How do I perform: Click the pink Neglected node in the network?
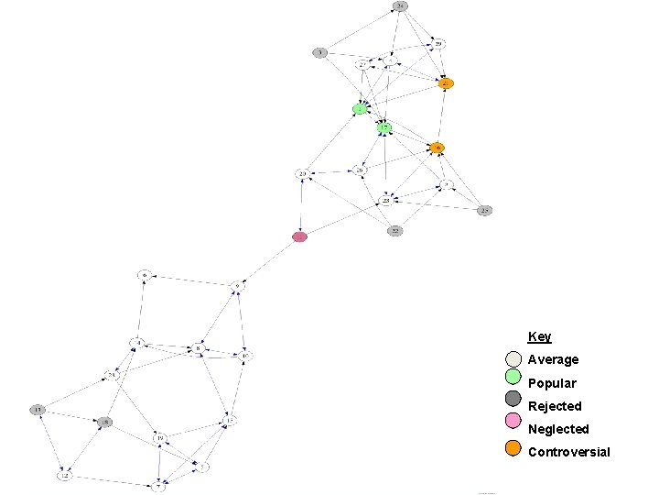[x=299, y=236]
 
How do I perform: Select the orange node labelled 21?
[x=446, y=83]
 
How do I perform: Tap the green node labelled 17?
[x=385, y=127]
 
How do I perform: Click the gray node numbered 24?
[x=400, y=6]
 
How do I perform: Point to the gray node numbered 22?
[x=394, y=230]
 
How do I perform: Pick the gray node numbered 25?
[x=486, y=210]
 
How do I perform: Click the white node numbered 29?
[x=438, y=43]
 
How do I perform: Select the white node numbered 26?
[x=360, y=170]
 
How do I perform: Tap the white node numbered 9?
[x=237, y=285]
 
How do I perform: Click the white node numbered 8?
[x=197, y=348]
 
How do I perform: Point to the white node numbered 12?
[x=65, y=476]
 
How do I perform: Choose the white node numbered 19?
[x=159, y=438]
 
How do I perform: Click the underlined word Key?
[x=539, y=337]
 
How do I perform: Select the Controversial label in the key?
[x=568, y=452]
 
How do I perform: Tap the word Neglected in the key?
[x=558, y=429]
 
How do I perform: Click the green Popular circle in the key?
[x=513, y=377]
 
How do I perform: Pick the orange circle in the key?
[x=513, y=448]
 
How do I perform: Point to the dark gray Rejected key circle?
[x=513, y=400]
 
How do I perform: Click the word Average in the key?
[x=553, y=359]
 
